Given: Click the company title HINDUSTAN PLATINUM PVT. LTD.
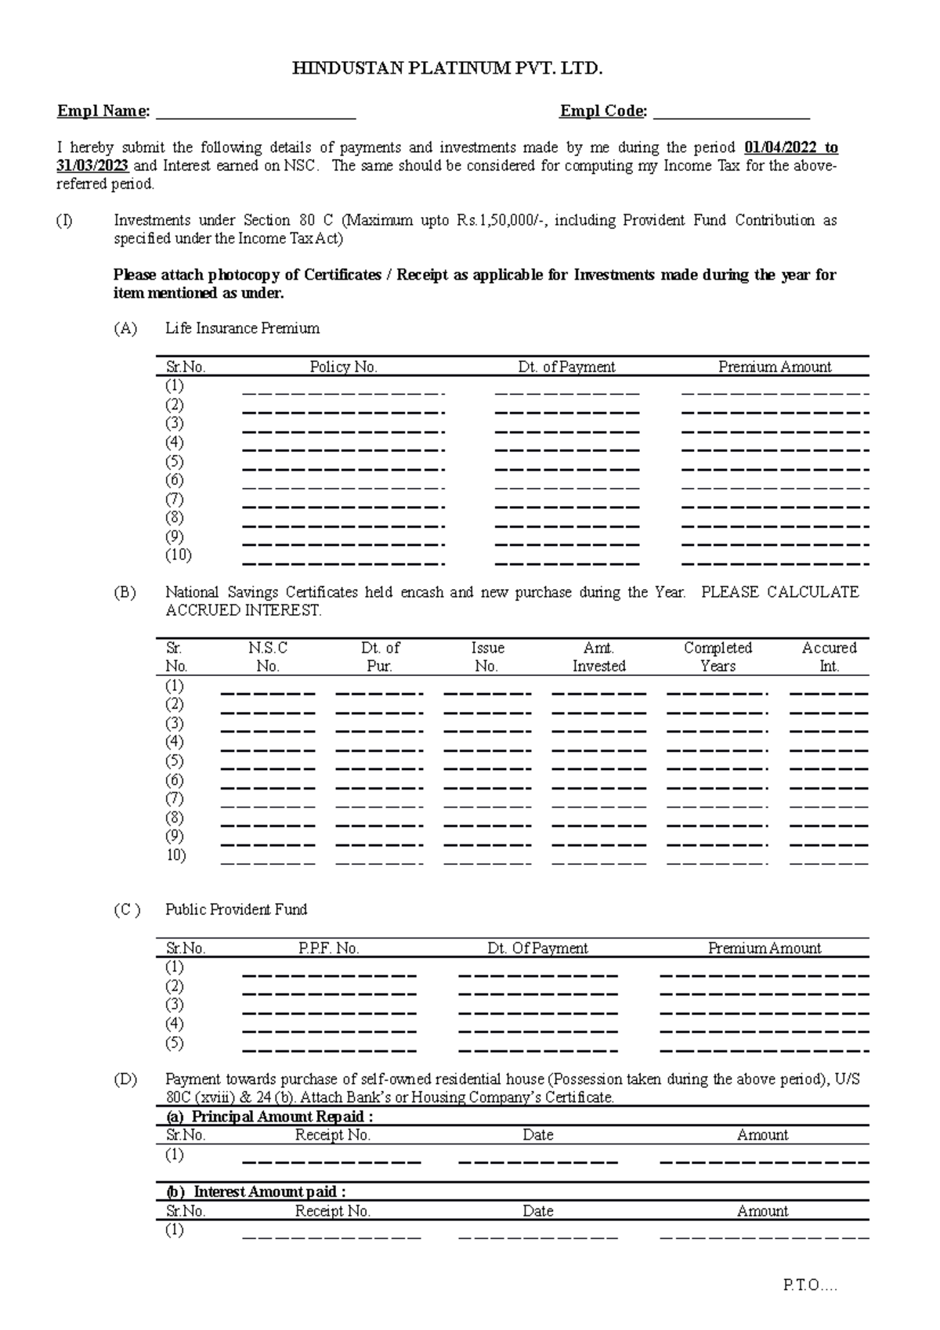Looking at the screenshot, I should [447, 69].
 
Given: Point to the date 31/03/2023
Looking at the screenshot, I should [92, 166].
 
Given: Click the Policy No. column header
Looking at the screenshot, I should [343, 367].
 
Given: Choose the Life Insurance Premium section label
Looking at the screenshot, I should [242, 328].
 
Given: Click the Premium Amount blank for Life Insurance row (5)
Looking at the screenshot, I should [775, 468].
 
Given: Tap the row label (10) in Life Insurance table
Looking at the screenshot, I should [179, 555].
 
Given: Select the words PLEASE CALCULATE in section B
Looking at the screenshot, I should [779, 592].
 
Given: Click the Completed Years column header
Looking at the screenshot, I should [718, 656].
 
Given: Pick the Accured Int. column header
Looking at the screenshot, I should [829, 656].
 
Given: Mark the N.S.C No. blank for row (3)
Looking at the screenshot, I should [268, 731].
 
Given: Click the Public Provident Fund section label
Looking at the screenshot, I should [236, 909].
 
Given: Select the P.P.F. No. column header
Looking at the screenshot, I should [328, 948].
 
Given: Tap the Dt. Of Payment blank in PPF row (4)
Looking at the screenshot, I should [537, 1031].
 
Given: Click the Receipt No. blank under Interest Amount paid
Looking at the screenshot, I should [331, 1237].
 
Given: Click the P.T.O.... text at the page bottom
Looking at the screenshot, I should [810, 1285].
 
